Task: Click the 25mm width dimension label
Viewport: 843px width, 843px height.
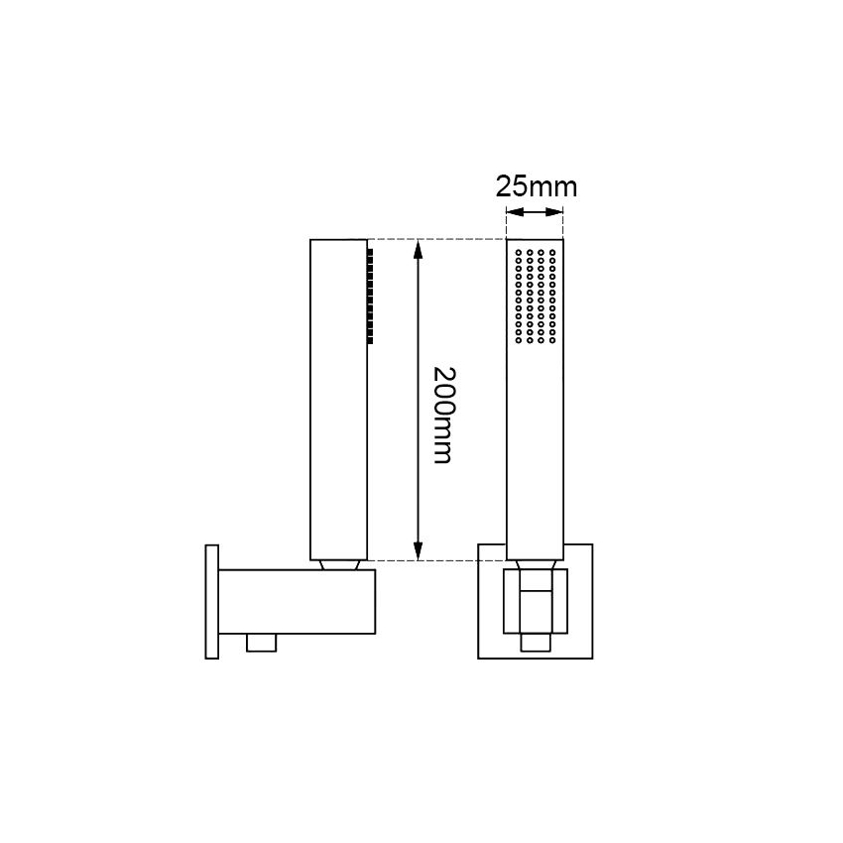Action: click(536, 186)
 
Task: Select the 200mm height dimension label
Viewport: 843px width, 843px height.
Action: click(443, 415)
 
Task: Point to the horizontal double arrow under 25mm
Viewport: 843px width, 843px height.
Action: click(536, 213)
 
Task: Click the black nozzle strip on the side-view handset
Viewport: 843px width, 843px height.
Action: click(371, 296)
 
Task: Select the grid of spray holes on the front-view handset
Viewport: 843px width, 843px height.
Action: click(536, 297)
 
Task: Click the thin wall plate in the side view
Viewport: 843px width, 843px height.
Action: click(210, 601)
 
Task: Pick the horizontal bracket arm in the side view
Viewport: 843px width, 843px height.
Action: click(298, 601)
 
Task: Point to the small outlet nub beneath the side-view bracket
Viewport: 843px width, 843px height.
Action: click(261, 643)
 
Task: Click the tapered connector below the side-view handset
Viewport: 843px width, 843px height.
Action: click(339, 564)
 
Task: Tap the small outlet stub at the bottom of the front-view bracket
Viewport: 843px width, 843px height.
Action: click(536, 643)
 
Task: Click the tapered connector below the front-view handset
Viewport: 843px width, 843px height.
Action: click(536, 564)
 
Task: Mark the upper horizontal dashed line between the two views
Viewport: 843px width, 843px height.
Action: click(436, 239)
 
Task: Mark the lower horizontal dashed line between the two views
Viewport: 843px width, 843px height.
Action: click(436, 560)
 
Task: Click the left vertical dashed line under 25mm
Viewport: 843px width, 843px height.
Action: click(507, 223)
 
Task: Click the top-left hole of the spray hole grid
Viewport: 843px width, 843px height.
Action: click(519, 253)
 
